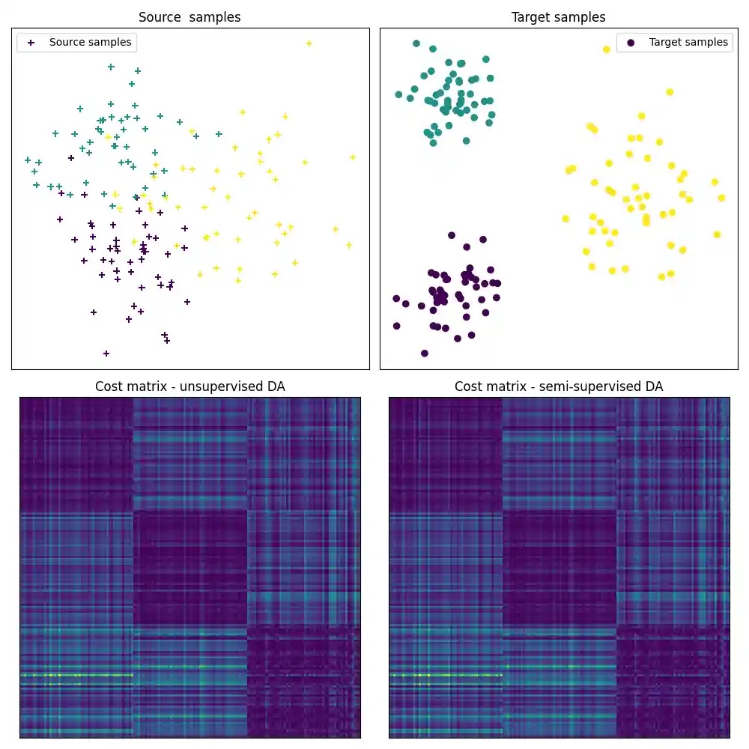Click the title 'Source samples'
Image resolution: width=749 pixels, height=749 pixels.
pos(189,17)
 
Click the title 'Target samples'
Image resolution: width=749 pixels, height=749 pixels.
pos(558,17)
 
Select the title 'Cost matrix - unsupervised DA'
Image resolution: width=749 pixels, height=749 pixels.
pos(189,386)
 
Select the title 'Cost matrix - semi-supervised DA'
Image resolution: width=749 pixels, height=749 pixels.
pos(558,386)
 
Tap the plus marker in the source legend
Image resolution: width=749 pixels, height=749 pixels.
pos(31,43)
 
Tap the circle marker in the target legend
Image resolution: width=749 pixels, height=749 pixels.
pos(631,43)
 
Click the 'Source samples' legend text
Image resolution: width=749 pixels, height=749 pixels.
pos(90,43)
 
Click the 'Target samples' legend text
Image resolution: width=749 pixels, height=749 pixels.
pos(688,43)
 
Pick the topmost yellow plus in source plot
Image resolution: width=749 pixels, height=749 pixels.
pos(309,43)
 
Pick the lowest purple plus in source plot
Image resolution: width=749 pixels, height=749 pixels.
pos(106,353)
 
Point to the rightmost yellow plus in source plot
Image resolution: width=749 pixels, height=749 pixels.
pos(352,157)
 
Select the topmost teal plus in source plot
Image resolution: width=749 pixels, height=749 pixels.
pos(111,67)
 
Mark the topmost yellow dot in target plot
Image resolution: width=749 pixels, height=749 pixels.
pos(607,49)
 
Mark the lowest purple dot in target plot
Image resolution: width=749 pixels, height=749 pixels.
pos(425,353)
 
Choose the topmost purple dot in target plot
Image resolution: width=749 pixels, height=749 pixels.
pos(451,235)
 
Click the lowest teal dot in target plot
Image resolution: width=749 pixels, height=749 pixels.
pos(433,142)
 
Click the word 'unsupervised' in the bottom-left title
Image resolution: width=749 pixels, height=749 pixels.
pos(217,386)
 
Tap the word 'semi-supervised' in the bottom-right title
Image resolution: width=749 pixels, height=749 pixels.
pos(592,386)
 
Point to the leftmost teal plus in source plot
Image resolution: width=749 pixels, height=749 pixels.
pos(28,160)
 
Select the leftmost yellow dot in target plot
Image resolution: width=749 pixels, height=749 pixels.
pos(565,219)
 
